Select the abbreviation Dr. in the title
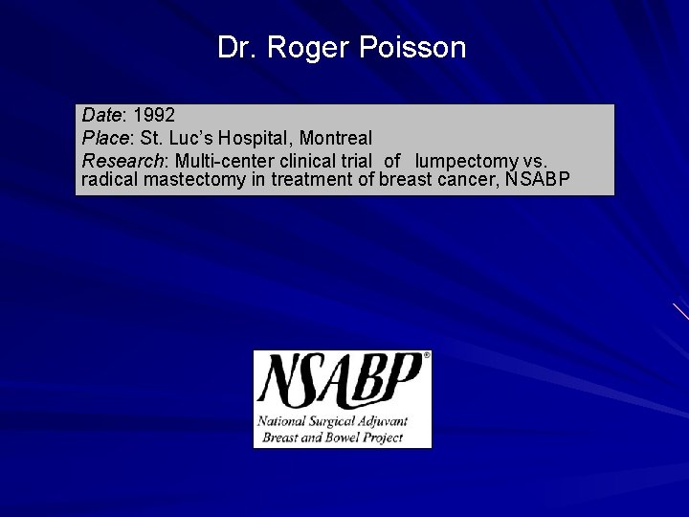pyautogui.click(x=236, y=48)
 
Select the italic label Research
pyautogui.click(x=119, y=160)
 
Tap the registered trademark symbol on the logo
pyautogui.click(x=426, y=355)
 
